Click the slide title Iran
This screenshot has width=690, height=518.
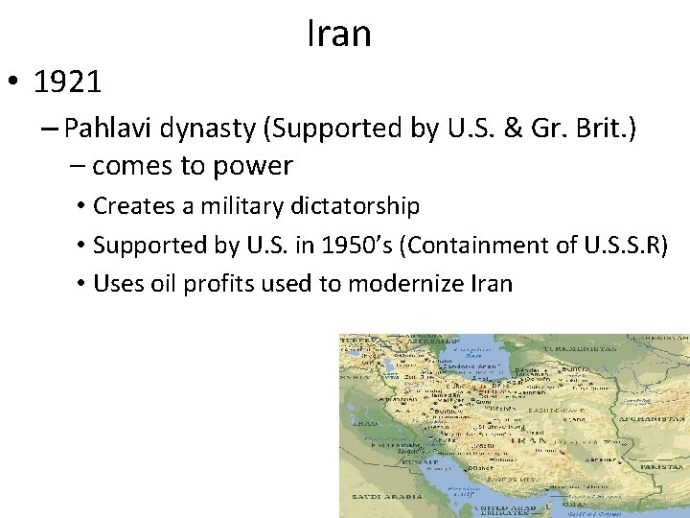pyautogui.click(x=338, y=35)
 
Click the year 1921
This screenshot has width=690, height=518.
pyautogui.click(x=67, y=83)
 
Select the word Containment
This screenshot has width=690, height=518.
pyautogui.click(x=471, y=245)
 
